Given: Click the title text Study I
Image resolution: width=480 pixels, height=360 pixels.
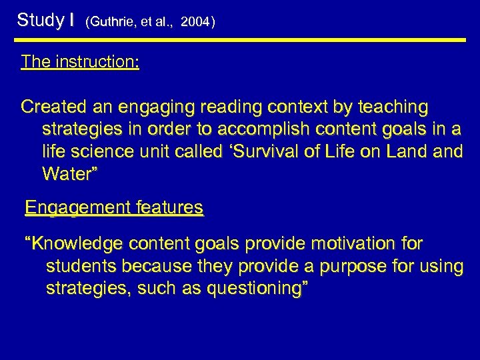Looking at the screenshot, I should click(45, 20).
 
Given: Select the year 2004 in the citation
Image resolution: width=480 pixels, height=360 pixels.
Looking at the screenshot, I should click(195, 22).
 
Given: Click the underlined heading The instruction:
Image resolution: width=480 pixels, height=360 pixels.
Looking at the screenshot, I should click(80, 62).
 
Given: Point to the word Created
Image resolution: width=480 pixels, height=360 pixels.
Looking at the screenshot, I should click(52, 107).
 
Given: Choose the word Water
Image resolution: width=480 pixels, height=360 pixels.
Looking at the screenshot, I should click(69, 175).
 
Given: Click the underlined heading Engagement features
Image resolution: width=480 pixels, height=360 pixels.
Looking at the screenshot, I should click(114, 209).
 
